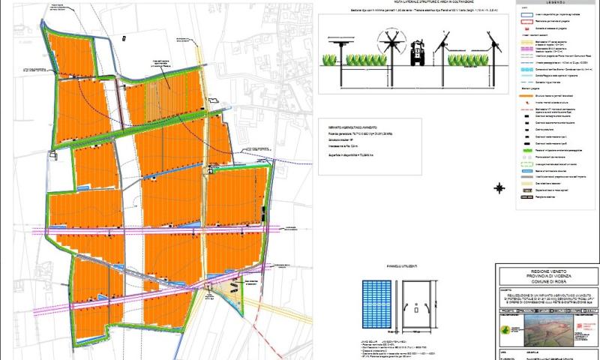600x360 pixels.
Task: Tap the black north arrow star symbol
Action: click(x=499, y=187)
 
